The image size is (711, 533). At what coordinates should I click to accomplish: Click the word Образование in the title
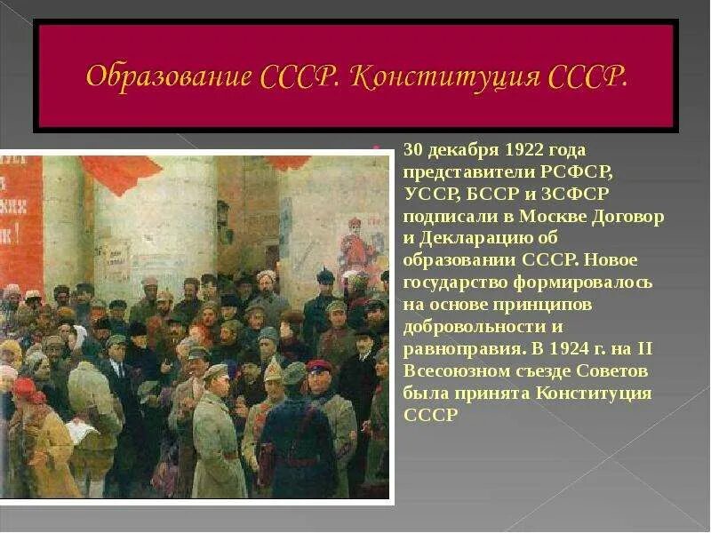168,76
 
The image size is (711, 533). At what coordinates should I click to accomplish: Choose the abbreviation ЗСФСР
577,195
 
